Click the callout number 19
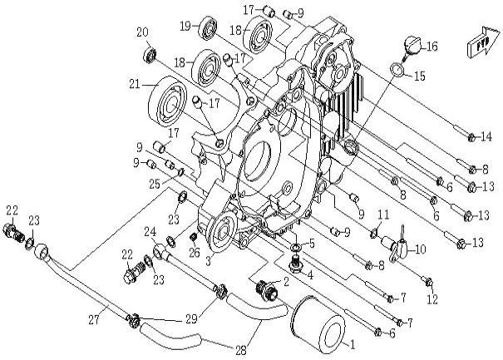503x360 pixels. tap(185, 26)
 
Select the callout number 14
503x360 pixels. tap(486, 136)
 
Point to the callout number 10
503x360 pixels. tap(420, 249)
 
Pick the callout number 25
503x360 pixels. tap(154, 182)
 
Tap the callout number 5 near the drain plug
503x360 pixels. tap(312, 244)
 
